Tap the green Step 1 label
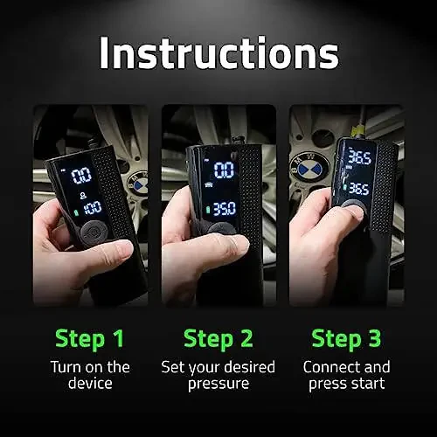coord(90,337)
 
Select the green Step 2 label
coord(218,337)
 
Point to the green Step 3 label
coord(347,337)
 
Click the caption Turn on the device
coord(90,375)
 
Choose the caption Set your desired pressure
coord(218,375)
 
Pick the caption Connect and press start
coord(347,375)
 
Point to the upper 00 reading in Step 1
coord(80,174)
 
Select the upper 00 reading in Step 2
coord(224,170)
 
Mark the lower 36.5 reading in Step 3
coord(358,187)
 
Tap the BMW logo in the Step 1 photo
coord(138,182)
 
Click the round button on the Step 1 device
coord(93,233)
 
